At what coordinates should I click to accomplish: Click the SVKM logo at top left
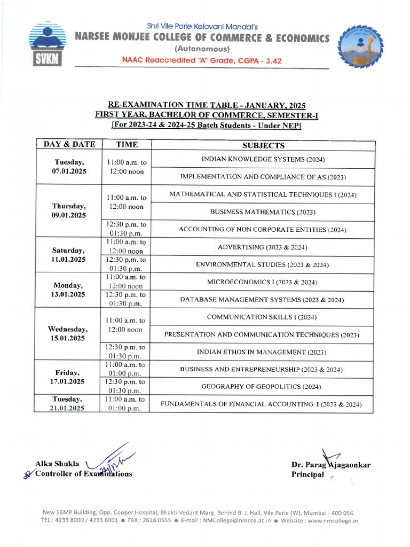(45, 45)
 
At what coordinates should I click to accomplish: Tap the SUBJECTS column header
(263, 145)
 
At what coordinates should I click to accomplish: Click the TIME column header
(127, 145)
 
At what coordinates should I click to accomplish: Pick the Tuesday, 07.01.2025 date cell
(69, 167)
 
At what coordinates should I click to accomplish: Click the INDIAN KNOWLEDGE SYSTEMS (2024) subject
(263, 159)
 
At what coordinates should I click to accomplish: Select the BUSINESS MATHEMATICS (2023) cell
(263, 212)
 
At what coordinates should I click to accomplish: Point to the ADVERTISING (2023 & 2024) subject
(263, 247)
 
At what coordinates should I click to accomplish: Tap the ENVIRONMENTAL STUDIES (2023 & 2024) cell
(263, 264)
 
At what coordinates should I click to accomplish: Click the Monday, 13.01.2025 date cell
(69, 290)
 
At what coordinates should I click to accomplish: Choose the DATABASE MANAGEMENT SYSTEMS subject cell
(263, 300)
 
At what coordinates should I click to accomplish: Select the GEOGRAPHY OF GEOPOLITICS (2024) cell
(263, 386)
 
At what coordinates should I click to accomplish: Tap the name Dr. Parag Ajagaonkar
(330, 465)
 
